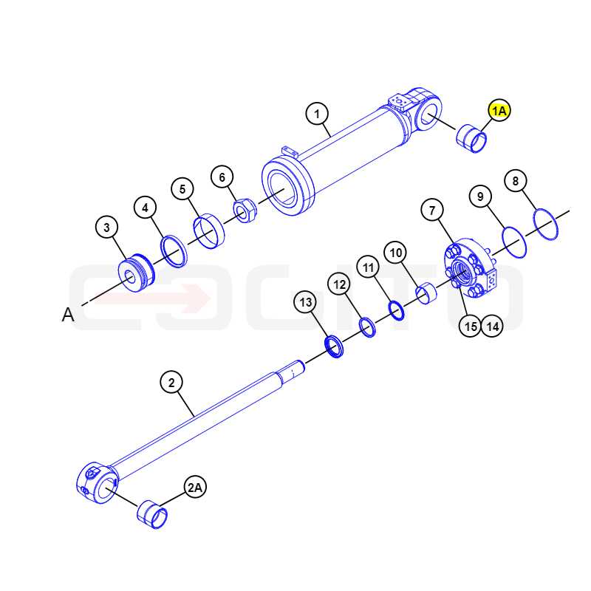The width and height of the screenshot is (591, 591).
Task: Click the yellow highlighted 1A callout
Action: (499, 110)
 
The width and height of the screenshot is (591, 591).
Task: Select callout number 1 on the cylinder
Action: (317, 114)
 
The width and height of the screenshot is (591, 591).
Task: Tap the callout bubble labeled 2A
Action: (195, 488)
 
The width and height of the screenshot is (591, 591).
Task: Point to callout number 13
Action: (306, 302)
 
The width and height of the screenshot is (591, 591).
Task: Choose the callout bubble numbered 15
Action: (471, 326)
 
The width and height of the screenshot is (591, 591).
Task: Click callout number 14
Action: (493, 326)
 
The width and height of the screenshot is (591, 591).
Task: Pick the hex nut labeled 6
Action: (245, 211)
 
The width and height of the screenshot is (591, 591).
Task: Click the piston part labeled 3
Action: (137, 273)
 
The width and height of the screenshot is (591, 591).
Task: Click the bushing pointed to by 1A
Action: (471, 138)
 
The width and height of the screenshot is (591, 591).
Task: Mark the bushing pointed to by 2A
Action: (152, 514)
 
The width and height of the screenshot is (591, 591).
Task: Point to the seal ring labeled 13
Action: (334, 346)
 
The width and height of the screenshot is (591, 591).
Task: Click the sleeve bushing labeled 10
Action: (426, 293)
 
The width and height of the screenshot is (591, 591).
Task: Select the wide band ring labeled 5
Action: (209, 231)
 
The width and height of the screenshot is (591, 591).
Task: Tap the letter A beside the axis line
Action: (68, 315)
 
